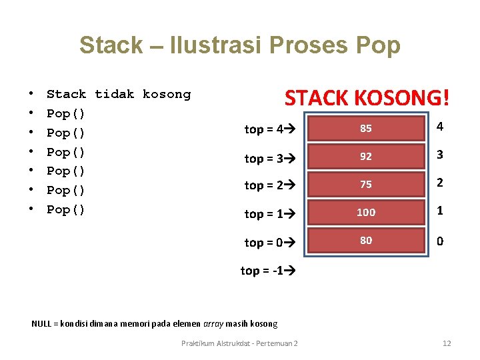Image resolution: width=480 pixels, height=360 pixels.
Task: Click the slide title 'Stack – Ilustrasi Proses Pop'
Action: pyautogui.click(x=239, y=45)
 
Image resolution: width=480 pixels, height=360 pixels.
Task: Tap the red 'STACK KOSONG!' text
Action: pyautogui.click(x=367, y=98)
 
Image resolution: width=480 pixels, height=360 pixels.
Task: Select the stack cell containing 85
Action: pyautogui.click(x=365, y=129)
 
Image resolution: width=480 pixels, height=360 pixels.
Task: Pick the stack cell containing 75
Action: pyautogui.click(x=365, y=185)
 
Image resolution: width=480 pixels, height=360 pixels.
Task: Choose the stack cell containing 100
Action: pyautogui.click(x=365, y=212)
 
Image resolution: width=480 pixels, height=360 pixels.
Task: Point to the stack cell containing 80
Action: pyautogui.click(x=365, y=240)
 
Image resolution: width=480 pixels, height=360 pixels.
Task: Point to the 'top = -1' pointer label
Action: pyautogui.click(x=267, y=271)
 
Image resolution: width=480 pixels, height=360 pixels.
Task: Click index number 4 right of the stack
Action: pyautogui.click(x=440, y=127)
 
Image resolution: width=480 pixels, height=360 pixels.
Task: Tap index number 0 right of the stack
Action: pyautogui.click(x=440, y=241)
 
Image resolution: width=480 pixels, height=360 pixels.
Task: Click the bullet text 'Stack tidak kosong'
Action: pyautogui.click(x=119, y=95)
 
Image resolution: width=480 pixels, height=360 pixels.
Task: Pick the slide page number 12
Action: pyautogui.click(x=447, y=343)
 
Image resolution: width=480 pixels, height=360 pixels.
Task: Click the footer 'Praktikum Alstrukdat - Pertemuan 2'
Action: pyautogui.click(x=239, y=343)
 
